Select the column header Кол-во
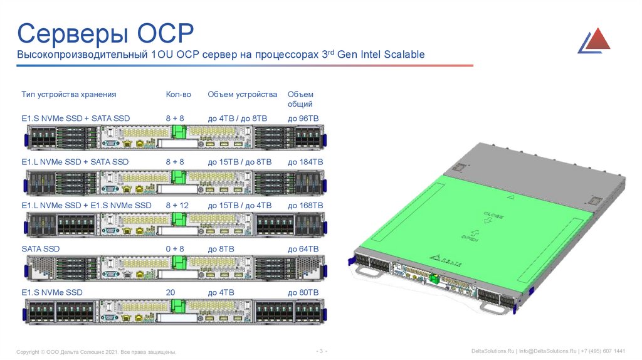coord(178,95)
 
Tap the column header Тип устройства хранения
coord(69,95)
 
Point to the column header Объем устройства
coord(242,95)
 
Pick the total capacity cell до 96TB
coord(303,118)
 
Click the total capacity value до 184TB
coord(305,162)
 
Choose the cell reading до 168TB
coord(305,205)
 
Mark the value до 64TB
coord(303,249)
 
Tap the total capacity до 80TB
coord(303,293)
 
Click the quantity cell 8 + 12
coord(177,205)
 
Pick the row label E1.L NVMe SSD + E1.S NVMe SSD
coord(87,205)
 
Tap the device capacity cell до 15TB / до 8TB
coord(239,162)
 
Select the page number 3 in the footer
coord(321,350)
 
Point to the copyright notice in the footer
coord(96,351)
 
